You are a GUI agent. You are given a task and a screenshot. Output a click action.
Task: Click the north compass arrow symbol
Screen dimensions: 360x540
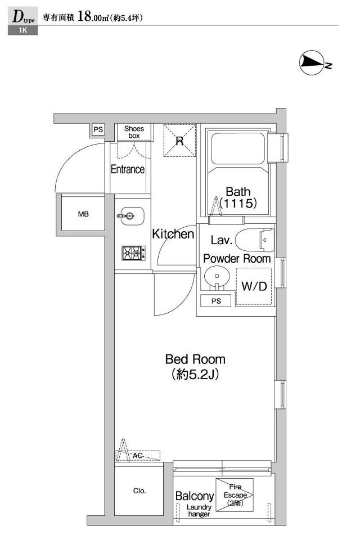312,62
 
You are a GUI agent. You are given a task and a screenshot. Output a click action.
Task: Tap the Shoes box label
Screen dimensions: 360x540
134,132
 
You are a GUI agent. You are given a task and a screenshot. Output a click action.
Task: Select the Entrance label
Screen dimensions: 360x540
128,169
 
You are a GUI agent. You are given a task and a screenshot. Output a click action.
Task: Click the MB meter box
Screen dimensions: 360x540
83,214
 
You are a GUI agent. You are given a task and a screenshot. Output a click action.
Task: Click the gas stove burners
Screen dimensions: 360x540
133,253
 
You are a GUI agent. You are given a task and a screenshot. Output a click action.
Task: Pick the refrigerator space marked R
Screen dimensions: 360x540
179,141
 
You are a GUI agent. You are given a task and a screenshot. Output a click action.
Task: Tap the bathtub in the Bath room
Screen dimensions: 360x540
238,148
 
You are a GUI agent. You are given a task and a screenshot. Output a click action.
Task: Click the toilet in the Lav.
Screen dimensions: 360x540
255,240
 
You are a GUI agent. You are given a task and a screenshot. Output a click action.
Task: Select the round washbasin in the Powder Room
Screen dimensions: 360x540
217,277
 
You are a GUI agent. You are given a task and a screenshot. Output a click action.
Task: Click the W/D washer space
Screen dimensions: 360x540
254,286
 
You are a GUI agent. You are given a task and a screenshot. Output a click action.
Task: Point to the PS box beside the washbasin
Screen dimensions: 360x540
216,301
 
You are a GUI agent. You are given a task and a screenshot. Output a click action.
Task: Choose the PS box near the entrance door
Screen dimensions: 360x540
98,129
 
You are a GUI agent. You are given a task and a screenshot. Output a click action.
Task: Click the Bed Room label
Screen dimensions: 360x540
195,359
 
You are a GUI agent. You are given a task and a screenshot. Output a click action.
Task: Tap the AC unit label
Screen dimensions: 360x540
138,456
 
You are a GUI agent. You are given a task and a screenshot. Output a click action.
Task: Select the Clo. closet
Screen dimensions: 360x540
139,490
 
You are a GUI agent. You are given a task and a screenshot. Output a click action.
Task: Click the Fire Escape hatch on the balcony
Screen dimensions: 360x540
235,495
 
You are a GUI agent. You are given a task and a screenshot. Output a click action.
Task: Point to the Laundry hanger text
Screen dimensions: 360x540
199,510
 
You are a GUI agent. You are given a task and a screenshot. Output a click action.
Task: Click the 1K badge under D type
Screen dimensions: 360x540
22,30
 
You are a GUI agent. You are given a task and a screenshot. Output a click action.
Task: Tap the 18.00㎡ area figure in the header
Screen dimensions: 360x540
93,17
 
